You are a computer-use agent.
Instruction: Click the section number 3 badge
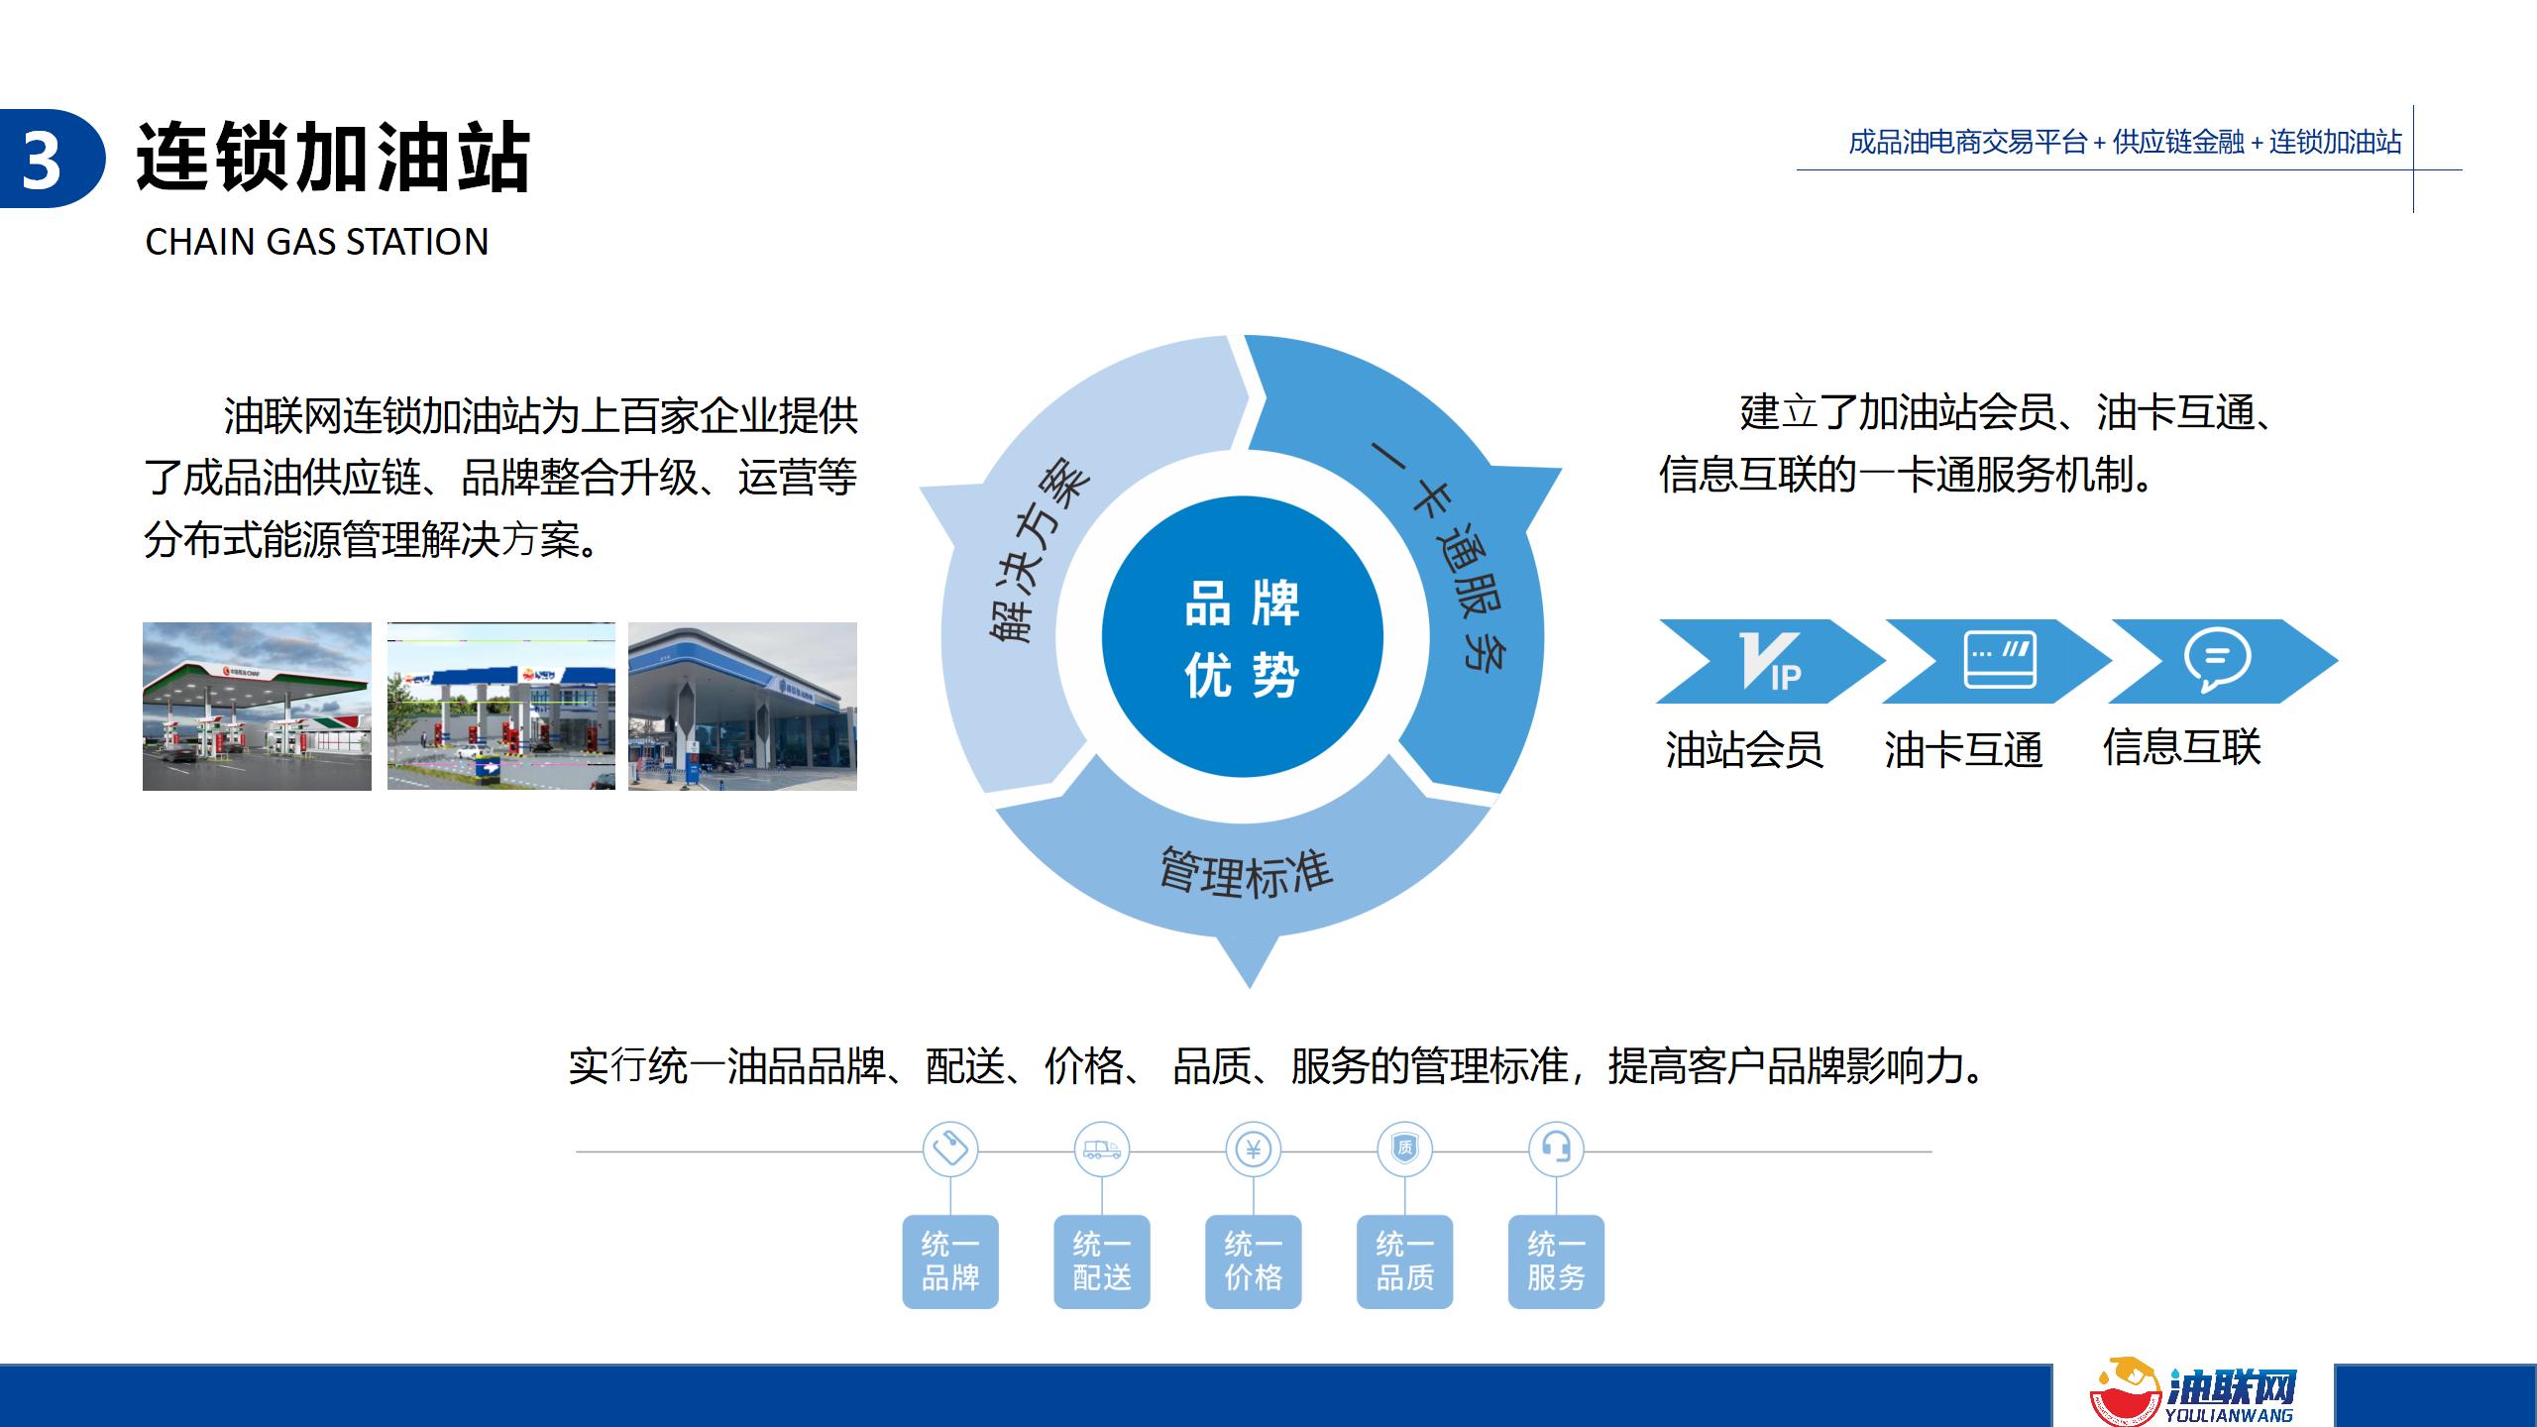50,159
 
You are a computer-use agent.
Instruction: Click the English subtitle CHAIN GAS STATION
317,242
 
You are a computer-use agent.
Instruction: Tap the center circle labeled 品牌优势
1242,637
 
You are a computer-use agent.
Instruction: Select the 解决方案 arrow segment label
1038,551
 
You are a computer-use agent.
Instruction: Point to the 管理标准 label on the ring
1246,873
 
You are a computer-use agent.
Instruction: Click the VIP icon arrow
1770,661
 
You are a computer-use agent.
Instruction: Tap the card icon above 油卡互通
2000,659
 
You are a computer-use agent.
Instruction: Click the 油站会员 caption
1744,749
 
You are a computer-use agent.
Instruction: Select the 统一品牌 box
950,1262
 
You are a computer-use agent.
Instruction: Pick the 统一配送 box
1102,1262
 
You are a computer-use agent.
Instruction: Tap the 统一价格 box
1254,1262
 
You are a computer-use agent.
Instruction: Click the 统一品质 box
1405,1262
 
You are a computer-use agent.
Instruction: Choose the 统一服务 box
1557,1262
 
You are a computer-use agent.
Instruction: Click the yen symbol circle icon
1254,1150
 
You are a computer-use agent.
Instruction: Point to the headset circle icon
1557,1150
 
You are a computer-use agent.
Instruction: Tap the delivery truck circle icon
1102,1150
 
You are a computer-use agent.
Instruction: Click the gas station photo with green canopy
257,707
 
